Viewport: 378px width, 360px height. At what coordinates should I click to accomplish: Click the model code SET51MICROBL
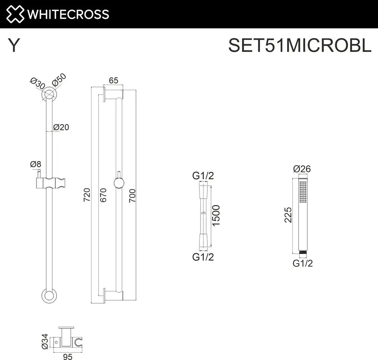click(x=299, y=45)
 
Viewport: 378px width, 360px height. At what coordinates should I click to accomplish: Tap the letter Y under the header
click(x=14, y=46)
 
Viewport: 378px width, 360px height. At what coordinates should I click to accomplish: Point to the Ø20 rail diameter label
click(x=61, y=127)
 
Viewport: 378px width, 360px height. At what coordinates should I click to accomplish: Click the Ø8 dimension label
click(x=35, y=164)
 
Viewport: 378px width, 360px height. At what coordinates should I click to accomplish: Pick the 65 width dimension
click(x=113, y=81)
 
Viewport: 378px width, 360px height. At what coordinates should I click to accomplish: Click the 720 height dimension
click(x=87, y=195)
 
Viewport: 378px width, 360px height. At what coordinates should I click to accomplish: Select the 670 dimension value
click(x=103, y=195)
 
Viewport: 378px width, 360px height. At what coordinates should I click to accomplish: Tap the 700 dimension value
click(x=132, y=196)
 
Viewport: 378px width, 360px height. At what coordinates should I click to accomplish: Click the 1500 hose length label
click(x=216, y=215)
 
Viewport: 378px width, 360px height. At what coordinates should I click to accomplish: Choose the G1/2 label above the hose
click(x=203, y=176)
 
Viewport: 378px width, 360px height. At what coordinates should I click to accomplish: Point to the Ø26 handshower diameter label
click(x=302, y=169)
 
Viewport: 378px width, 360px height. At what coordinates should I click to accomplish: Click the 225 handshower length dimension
click(x=288, y=215)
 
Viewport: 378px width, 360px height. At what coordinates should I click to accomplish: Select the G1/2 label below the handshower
click(x=302, y=263)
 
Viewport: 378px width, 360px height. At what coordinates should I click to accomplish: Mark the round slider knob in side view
click(x=119, y=183)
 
